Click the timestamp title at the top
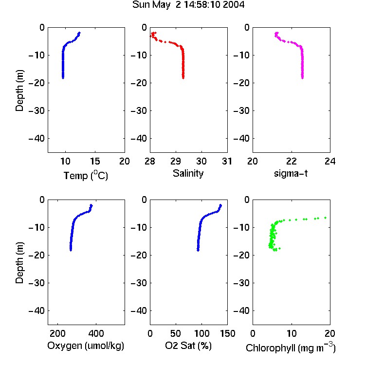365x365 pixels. pyautogui.click(x=188, y=5)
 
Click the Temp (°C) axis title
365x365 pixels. pyautogui.click(x=86, y=175)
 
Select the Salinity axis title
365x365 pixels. pyautogui.click(x=188, y=173)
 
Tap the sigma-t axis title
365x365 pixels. pyautogui.click(x=291, y=173)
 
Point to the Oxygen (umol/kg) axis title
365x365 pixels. pyautogui.click(x=86, y=346)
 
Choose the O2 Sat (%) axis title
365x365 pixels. pyautogui.click(x=188, y=346)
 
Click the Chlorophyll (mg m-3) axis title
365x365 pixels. pyautogui.click(x=291, y=347)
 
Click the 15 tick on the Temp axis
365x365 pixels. pyautogui.click(x=95, y=161)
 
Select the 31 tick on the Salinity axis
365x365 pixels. pyautogui.click(x=227, y=161)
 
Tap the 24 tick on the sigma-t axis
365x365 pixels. pyautogui.click(x=330, y=161)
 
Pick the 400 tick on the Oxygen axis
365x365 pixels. pyautogui.click(x=96, y=333)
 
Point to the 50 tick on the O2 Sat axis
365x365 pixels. pyautogui.click(x=176, y=333)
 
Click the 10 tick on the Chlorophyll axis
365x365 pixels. pyautogui.click(x=292, y=333)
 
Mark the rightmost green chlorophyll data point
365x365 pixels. pyautogui.click(x=326, y=218)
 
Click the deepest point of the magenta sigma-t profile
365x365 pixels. pyautogui.click(x=302, y=78)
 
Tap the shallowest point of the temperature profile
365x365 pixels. pyautogui.click(x=79, y=33)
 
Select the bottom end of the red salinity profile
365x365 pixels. pyautogui.click(x=183, y=78)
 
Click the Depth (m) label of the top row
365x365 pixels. pyautogui.click(x=19, y=91)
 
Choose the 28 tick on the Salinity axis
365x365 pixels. pyautogui.click(x=150, y=161)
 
